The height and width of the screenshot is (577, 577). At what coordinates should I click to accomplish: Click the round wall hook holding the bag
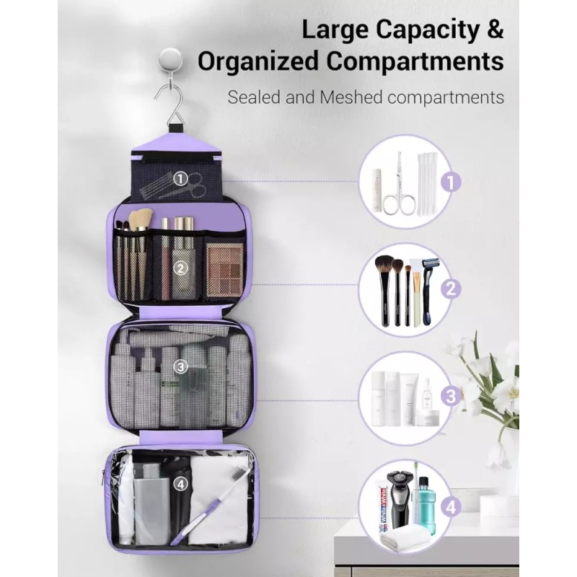click(170, 59)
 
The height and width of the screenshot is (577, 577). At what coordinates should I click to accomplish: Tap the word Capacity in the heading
click(425, 30)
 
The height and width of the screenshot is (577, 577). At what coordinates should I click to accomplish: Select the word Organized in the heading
click(257, 61)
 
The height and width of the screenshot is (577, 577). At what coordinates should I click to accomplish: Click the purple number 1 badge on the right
click(451, 182)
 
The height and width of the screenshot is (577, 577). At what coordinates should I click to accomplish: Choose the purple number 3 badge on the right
click(451, 396)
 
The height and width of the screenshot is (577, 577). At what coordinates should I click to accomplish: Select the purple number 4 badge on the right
click(451, 508)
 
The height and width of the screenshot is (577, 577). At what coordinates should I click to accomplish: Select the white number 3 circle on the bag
click(180, 366)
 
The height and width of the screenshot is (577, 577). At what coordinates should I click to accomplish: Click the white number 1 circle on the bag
click(180, 179)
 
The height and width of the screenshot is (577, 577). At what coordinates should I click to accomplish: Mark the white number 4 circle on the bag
click(180, 484)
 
